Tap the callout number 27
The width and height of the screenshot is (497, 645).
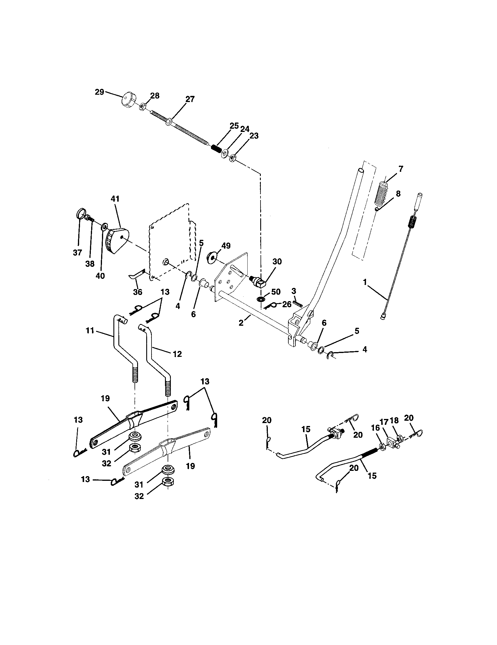coord(190,99)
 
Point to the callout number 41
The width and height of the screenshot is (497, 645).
coord(115,199)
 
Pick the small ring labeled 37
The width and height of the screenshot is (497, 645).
coord(82,213)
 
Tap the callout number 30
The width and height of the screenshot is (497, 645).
coord(277,261)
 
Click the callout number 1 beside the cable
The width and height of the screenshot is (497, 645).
coord(365,282)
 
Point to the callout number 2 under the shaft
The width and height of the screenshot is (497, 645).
coord(241,323)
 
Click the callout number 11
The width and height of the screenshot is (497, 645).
coord(90,330)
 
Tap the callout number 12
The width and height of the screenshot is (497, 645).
coord(177,354)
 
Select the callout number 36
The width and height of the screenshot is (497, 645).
coord(137,292)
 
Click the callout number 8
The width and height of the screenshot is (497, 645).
coord(398,194)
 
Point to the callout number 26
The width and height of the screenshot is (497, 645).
coord(287,304)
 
